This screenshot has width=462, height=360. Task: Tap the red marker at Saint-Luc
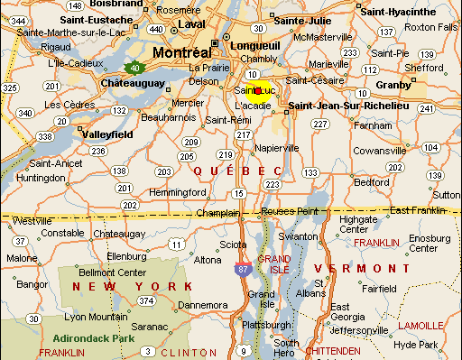click(x=258, y=90)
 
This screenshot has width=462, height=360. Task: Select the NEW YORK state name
click(x=132, y=286)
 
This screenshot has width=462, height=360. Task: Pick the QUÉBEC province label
click(x=238, y=171)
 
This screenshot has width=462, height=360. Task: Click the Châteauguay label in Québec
click(x=136, y=83)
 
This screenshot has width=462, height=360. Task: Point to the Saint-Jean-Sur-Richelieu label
click(x=347, y=106)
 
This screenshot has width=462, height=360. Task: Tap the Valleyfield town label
click(x=107, y=134)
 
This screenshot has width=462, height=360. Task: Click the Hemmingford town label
click(x=178, y=192)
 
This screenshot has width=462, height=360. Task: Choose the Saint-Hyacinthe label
click(x=396, y=12)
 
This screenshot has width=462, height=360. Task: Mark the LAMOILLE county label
click(x=420, y=325)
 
